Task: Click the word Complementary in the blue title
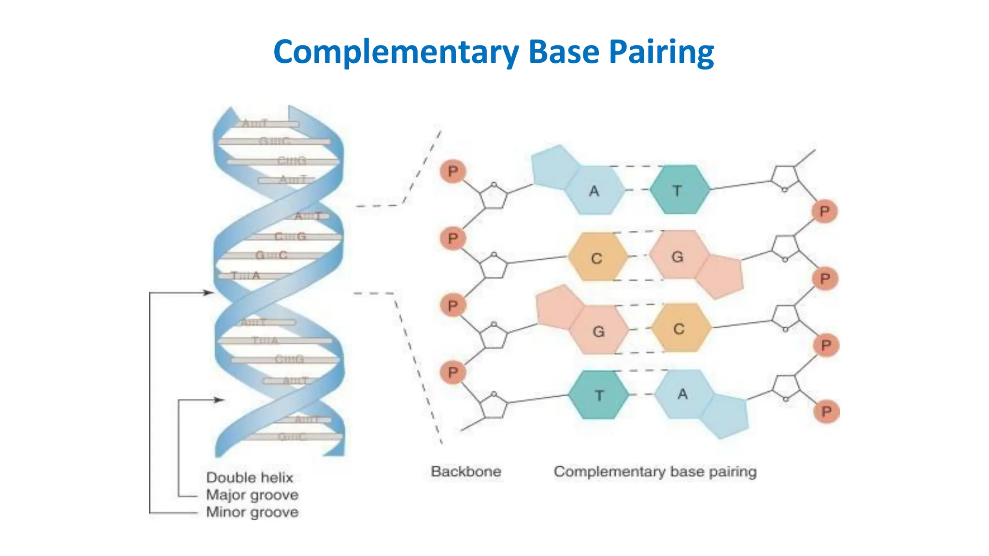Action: coord(396,52)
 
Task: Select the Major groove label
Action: coord(252,495)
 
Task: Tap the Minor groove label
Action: coord(252,512)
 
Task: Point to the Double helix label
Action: coord(250,477)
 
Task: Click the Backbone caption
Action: coord(466,472)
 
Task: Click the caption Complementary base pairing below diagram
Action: coord(655,472)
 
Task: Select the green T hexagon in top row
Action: coord(679,190)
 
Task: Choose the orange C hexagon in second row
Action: coord(597,258)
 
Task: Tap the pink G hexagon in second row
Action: coord(678,256)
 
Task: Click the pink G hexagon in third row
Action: coord(599,331)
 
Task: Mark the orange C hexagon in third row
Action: coord(680,328)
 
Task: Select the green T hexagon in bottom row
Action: coord(599,395)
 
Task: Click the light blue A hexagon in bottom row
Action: coord(683,394)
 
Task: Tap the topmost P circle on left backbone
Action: coord(452,171)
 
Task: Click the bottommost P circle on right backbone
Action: coord(826,412)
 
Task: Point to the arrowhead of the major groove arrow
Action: coord(219,400)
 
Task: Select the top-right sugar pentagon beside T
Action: coord(785,178)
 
